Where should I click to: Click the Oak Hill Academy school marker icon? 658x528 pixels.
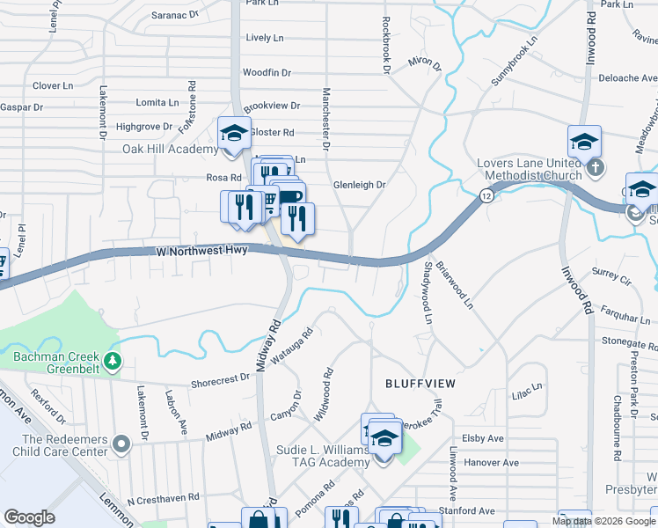[x=234, y=134]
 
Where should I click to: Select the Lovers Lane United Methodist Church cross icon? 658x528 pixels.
[x=596, y=167]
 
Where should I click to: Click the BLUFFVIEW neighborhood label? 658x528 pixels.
[x=419, y=384]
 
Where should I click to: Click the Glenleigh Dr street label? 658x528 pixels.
[x=360, y=186]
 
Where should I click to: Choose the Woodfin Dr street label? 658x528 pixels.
[x=267, y=73]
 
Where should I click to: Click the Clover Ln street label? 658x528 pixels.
[x=52, y=86]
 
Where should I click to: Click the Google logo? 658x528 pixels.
[x=30, y=517]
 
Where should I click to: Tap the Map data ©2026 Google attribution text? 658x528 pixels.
[x=603, y=521]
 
